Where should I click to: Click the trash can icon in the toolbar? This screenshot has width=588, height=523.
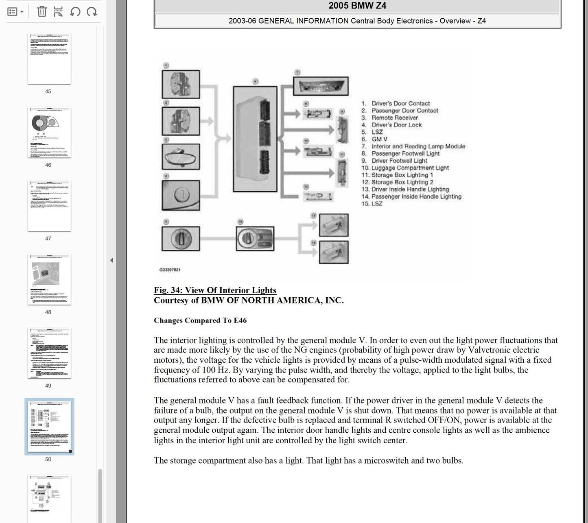42,11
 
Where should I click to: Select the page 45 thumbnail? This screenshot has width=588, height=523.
49,59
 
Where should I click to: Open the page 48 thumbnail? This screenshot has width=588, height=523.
49,280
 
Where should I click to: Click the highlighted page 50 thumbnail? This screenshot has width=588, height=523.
49,426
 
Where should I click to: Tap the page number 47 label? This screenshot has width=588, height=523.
48,239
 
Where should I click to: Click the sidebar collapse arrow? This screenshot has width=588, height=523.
111,260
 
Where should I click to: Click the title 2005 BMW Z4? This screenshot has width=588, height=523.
357,6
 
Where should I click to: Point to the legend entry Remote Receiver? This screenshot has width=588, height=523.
394,118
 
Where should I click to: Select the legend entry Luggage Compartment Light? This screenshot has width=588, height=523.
410,168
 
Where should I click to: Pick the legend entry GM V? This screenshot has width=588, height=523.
379,139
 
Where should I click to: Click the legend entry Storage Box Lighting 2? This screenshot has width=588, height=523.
402,182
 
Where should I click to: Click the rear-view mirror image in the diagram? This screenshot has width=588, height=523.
181,157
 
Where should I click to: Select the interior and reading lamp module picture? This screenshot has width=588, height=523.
321,86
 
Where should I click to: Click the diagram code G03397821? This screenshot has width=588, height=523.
170,270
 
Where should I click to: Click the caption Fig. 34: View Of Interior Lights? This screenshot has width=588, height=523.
215,290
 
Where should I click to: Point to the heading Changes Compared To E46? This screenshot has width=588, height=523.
200,320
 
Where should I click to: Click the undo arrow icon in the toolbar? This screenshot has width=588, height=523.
75,11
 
